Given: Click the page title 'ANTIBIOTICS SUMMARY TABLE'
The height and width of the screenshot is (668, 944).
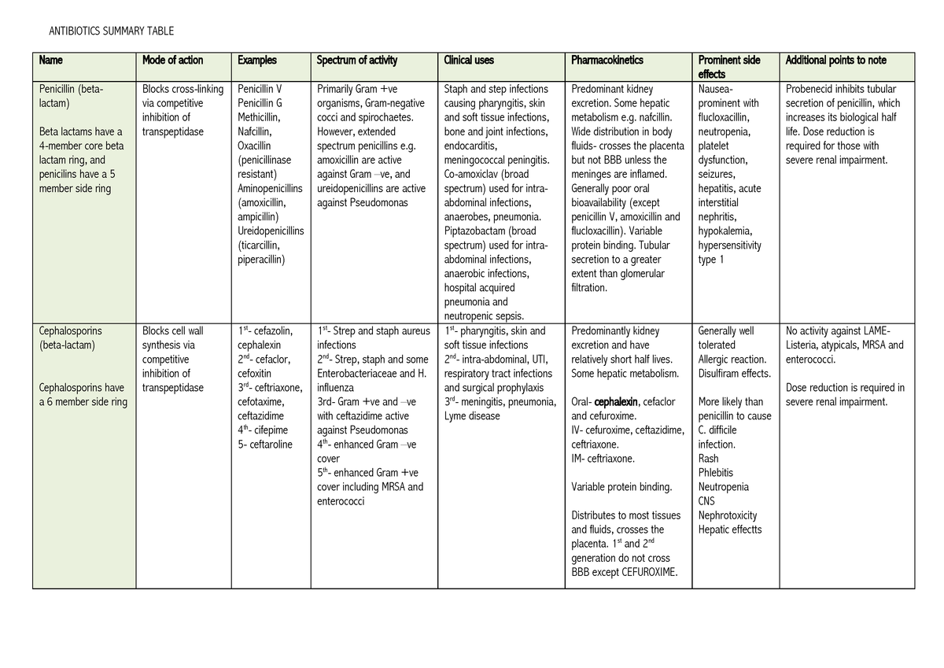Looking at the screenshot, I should tap(111, 31).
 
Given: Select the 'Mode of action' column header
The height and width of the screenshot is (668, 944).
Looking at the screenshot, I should tap(172, 61).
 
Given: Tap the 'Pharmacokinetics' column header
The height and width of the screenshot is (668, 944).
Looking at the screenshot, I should tap(607, 61).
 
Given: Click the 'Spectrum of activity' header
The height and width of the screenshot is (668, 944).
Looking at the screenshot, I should tap(356, 61).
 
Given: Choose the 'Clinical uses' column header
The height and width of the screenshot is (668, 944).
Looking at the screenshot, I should tap(469, 61).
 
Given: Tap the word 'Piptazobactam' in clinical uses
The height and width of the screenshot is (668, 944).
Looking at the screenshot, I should tap(478, 231).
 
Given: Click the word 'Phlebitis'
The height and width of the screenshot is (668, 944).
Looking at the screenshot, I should tap(715, 473).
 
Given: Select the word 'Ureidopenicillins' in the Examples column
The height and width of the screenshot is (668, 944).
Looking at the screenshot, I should tap(271, 231).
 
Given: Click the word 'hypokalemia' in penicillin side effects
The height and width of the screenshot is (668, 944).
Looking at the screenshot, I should tap(725, 231).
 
